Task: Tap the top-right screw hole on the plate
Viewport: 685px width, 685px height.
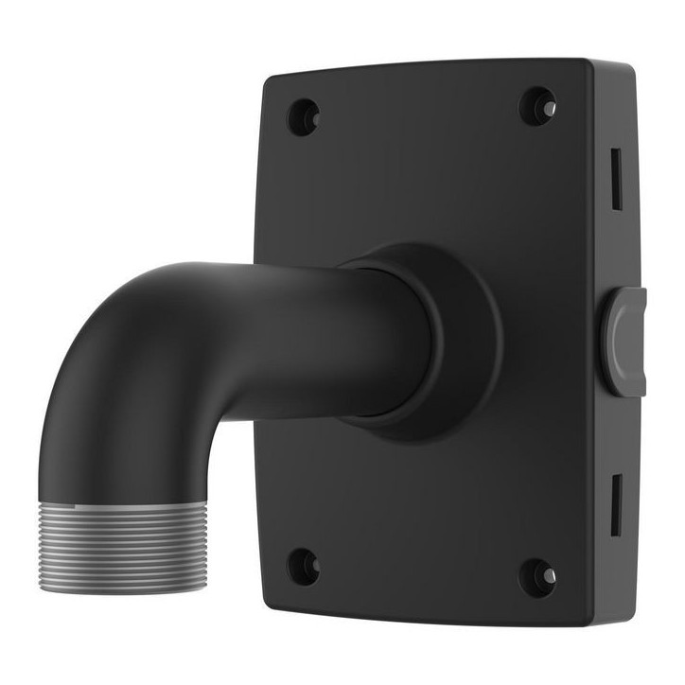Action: pyautogui.click(x=537, y=106)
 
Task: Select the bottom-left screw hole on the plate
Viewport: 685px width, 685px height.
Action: pyautogui.click(x=303, y=565)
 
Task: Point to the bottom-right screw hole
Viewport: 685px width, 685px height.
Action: pyautogui.click(x=537, y=574)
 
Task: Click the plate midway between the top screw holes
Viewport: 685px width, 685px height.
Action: pyautogui.click(x=421, y=112)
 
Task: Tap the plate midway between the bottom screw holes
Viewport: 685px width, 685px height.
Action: pyautogui.click(x=420, y=570)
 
